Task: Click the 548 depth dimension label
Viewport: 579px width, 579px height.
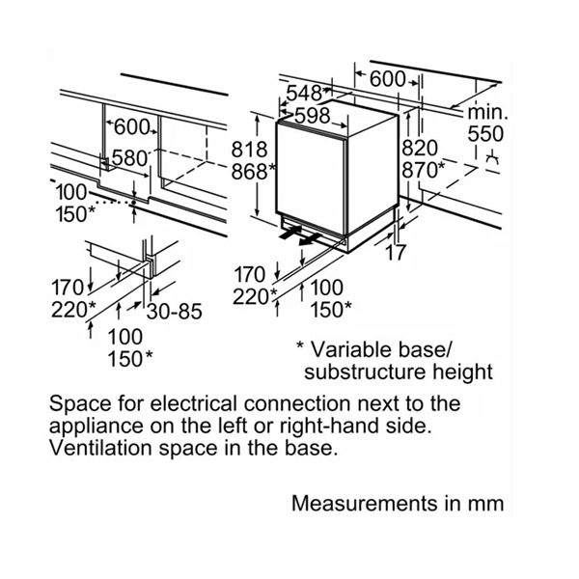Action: coord(304,94)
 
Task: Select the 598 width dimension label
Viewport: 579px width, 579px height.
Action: coord(313,116)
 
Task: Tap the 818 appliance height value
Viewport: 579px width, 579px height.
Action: coord(249,150)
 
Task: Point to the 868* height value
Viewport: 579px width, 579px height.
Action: coord(253,172)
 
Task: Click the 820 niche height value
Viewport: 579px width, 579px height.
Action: coord(420,149)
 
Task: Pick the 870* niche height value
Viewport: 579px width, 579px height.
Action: coord(424,170)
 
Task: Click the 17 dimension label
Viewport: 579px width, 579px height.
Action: coord(396,253)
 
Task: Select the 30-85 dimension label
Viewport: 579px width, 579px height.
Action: coord(175,312)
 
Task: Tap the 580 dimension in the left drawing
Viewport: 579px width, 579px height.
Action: coord(129,159)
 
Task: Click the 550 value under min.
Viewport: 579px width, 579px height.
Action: coord(485,134)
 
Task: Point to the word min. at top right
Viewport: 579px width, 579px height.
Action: coord(487,112)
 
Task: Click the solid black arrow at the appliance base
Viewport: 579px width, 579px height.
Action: coord(290,234)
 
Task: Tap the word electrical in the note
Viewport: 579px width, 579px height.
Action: coord(193,403)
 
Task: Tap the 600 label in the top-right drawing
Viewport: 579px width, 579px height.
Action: coord(387,79)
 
